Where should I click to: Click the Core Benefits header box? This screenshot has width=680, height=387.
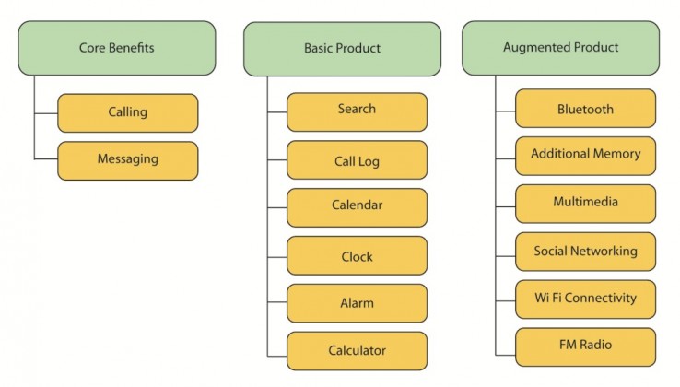[117, 48]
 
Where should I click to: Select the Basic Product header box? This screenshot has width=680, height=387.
[342, 49]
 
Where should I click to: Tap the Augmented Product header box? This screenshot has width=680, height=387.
[561, 48]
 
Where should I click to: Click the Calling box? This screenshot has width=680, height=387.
[128, 113]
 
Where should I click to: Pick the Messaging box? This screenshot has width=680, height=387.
[128, 160]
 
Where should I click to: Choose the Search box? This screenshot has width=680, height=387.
[357, 111]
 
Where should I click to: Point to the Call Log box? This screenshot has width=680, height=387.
[357, 159]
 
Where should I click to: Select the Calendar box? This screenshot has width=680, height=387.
[357, 207]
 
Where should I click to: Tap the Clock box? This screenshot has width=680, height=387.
[357, 255]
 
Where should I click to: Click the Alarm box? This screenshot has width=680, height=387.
[357, 303]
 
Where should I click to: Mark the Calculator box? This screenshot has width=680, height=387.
[357, 351]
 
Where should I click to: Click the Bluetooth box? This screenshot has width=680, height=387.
[585, 109]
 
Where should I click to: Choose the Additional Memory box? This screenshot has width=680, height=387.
[585, 157]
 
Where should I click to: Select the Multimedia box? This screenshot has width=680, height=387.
[585, 204]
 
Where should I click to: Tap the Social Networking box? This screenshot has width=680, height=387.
[585, 252]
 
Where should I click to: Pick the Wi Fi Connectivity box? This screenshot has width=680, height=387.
[585, 299]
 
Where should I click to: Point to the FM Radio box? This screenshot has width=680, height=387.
[585, 347]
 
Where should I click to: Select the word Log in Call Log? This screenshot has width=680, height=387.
[369, 162]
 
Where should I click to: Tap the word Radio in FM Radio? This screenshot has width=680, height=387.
[596, 345]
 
